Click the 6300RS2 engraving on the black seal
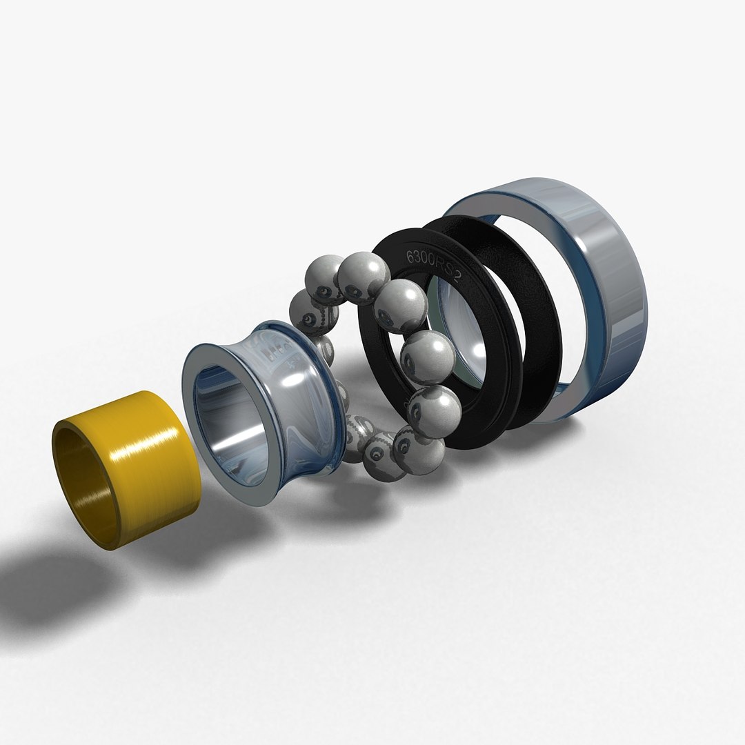tap(433, 266)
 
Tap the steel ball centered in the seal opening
tap(427, 355)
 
